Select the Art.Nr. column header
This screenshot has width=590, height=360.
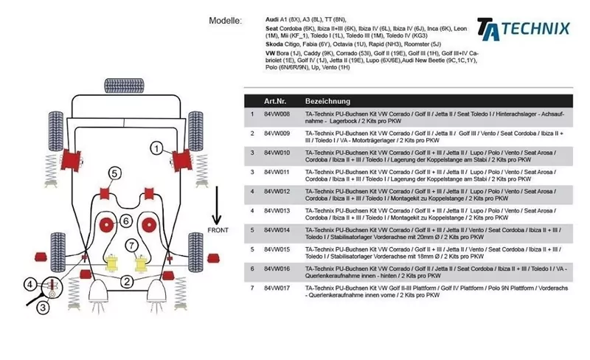275,100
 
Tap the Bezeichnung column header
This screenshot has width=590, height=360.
327,100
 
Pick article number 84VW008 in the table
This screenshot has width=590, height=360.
277,114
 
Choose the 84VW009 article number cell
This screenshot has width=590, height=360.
277,134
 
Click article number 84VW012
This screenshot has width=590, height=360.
277,191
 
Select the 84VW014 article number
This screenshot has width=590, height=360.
277,230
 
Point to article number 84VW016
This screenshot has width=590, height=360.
277,269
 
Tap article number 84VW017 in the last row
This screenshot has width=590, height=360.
277,288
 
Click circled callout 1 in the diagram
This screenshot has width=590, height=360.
156,148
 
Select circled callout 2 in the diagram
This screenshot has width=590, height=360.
127,280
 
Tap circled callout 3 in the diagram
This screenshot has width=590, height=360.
43,307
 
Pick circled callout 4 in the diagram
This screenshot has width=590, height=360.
30,284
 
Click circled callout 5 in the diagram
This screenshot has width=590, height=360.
114,173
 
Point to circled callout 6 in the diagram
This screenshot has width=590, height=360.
126,221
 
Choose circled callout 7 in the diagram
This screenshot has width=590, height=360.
131,245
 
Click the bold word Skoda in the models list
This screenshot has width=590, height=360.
276,44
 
